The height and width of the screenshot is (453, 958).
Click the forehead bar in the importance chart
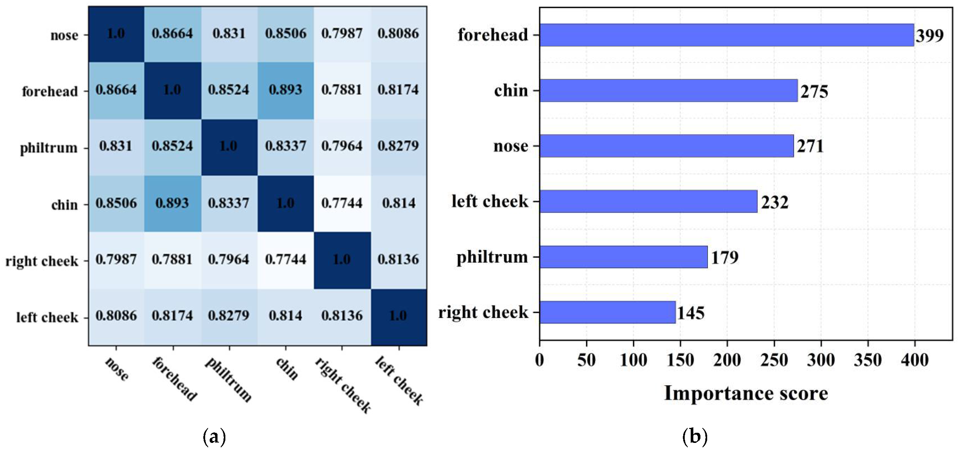726,35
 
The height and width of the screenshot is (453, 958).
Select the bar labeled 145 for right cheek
607,312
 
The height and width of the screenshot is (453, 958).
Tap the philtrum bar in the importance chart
623,257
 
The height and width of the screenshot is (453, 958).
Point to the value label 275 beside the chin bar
814,91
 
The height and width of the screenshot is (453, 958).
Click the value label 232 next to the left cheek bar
775,202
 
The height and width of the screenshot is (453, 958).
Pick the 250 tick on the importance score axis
774,360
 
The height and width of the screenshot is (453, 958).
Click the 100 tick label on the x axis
633,360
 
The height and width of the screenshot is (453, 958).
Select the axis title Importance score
746,393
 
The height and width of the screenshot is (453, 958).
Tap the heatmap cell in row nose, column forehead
173,34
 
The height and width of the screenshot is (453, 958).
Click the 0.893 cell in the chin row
173,203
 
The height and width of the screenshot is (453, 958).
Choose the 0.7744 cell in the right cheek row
286,259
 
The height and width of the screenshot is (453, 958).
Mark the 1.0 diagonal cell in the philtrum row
229,146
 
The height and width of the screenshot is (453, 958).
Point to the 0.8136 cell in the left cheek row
342,316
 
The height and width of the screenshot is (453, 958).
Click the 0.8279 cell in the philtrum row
398,146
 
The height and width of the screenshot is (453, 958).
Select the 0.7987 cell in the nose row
342,34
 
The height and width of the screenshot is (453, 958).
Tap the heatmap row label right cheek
42,261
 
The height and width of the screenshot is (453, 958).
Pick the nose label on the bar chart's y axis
511,146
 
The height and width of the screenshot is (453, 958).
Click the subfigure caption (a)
214,437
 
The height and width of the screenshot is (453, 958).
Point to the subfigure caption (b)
695,437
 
